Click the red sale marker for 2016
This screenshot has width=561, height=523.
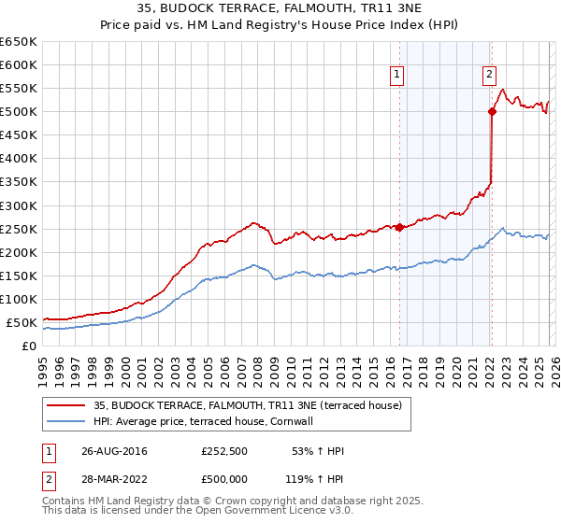[x=399, y=227]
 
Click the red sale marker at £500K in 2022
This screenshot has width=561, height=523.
[x=492, y=111]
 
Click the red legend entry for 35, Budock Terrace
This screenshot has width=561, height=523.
[x=247, y=405]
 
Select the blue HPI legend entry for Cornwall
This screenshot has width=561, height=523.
[x=209, y=421]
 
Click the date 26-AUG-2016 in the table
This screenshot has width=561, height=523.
[x=114, y=451]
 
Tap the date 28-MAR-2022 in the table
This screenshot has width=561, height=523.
[x=114, y=479]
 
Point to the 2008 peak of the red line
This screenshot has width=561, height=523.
[x=253, y=223]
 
